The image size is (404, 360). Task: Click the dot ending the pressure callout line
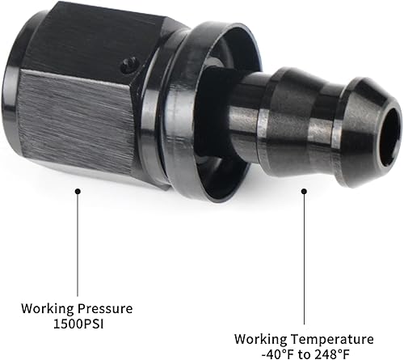pyautogui.click(x=78, y=191)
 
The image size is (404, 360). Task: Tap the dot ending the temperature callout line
pyautogui.click(x=305, y=192)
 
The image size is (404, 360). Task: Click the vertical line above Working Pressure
pyautogui.click(x=78, y=243)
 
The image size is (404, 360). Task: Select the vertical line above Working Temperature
pyautogui.click(x=305, y=259)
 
